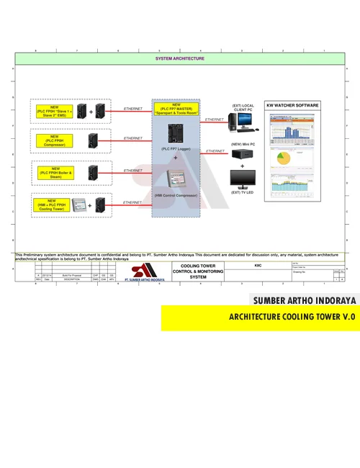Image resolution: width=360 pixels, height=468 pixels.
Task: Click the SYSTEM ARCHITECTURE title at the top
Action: point(180,58)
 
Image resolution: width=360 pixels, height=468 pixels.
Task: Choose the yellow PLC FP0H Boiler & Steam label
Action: point(54,173)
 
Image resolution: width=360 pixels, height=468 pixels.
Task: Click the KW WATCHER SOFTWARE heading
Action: point(293,105)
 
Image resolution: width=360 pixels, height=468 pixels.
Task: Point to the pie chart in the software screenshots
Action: point(283,158)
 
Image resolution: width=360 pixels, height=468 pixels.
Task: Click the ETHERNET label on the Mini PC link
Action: point(215,150)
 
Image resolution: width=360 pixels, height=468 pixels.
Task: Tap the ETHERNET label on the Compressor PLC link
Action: point(132,138)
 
